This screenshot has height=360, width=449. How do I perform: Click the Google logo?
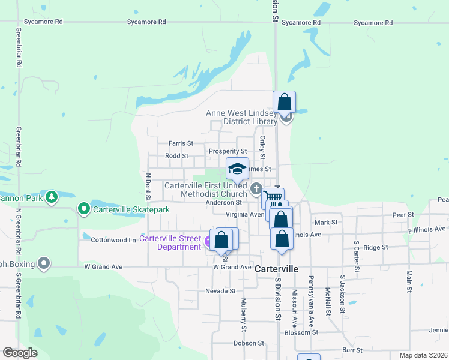tap(20, 353)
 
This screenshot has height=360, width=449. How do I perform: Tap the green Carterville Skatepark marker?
tap(84, 209)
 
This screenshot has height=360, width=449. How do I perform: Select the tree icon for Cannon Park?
tap(52, 196)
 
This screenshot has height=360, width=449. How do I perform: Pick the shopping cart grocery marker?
tap(273, 197)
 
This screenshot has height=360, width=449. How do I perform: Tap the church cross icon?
tap(256, 189)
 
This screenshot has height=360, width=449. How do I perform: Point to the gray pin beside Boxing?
tap(43, 262)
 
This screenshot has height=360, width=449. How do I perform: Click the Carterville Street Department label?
tap(170, 242)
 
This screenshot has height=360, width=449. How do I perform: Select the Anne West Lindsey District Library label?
tap(241, 116)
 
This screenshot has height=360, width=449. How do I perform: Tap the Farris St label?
tap(181, 143)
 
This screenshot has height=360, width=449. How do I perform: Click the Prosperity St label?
tap(228, 151)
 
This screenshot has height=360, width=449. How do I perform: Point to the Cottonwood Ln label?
tap(113, 240)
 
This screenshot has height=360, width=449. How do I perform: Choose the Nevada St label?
tap(220, 291)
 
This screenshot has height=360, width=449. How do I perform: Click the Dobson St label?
tap(249, 343)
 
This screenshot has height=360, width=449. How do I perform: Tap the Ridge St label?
tap(376, 247)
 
